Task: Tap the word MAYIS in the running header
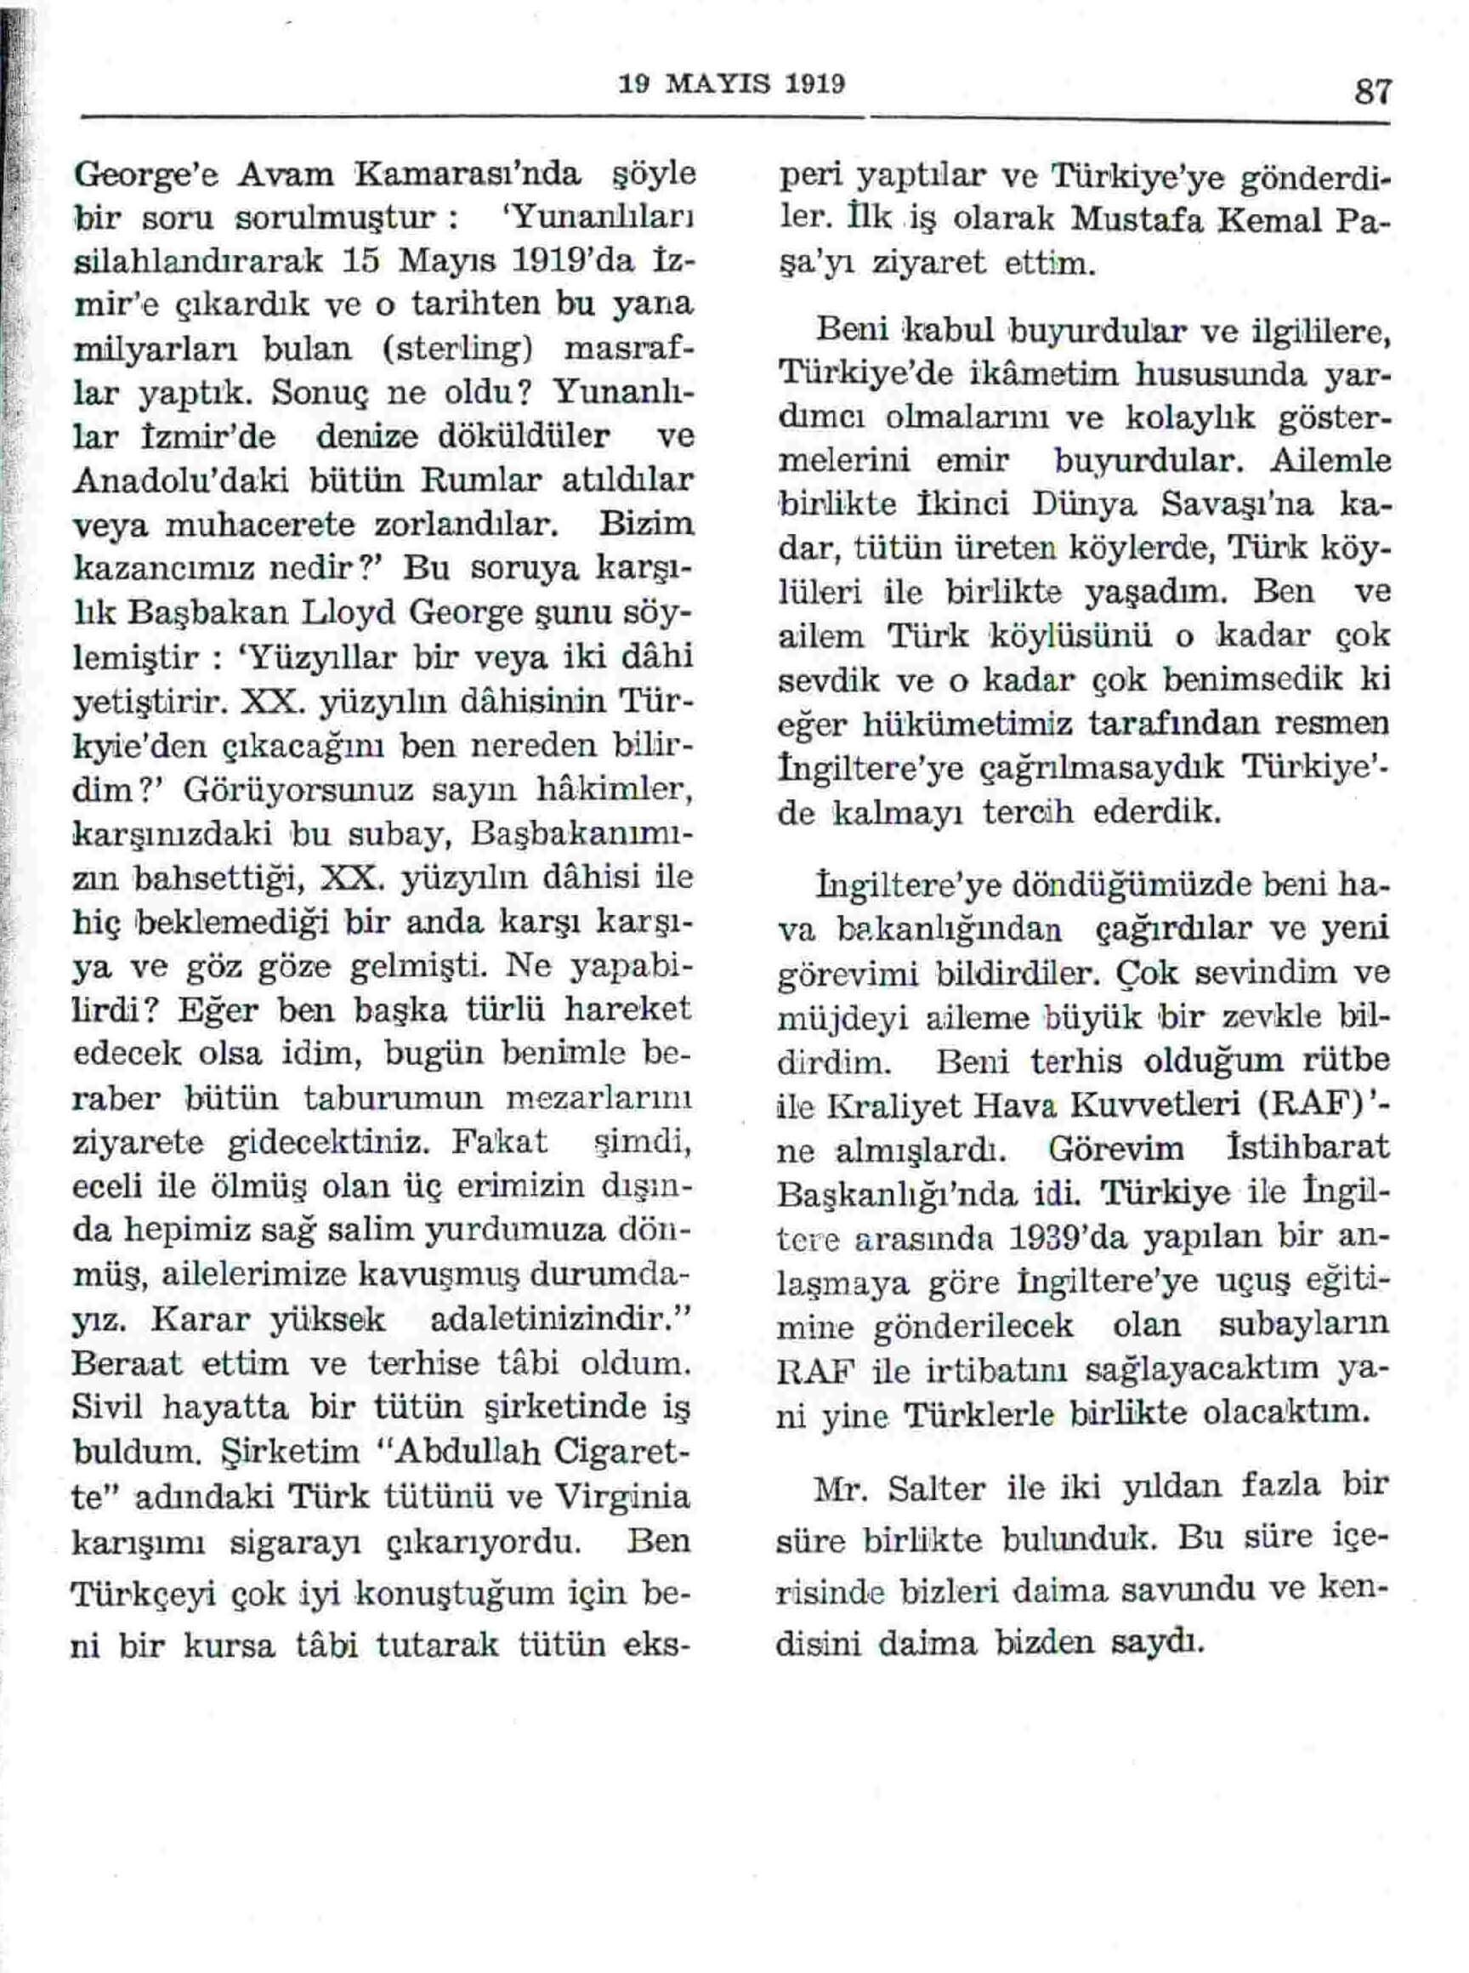pyautogui.click(x=723, y=83)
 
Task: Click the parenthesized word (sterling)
pyautogui.click(x=457, y=347)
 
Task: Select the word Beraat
pyautogui.click(x=128, y=1362)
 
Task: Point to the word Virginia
pyautogui.click(x=619, y=1496)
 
